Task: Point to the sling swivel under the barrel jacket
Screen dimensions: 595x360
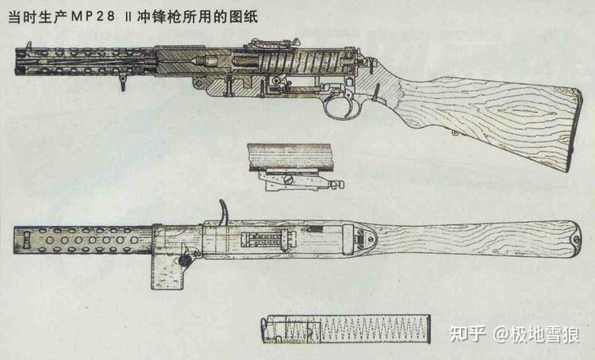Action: [122, 82]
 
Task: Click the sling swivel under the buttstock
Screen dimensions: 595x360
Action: [455, 132]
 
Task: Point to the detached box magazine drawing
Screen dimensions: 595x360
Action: [346, 328]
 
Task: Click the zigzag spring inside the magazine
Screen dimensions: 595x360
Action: [376, 329]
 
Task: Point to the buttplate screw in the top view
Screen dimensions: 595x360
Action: [577, 239]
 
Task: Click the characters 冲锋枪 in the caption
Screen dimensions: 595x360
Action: [159, 17]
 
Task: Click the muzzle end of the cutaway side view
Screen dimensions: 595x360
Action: [17, 62]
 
